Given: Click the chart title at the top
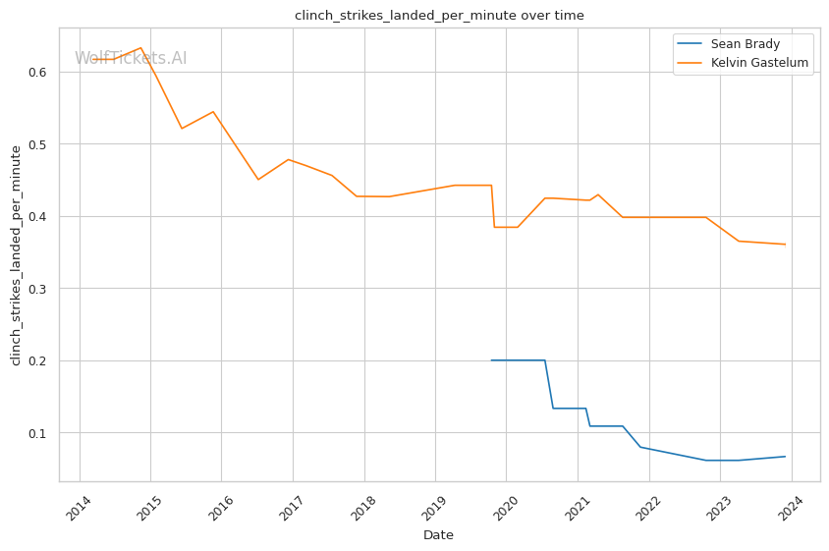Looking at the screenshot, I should click(x=439, y=16).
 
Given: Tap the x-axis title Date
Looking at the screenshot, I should click(x=438, y=535).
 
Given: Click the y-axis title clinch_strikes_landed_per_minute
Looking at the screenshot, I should click(x=16, y=254).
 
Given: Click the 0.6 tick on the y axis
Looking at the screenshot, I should click(x=38, y=72).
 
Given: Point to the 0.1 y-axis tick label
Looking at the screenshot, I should click(x=38, y=433).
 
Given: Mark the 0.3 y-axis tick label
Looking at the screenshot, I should click(x=38, y=289).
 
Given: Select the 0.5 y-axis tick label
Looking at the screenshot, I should click(x=38, y=144).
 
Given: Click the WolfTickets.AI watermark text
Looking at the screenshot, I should click(x=131, y=58).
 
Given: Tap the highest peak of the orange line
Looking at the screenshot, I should click(x=141, y=47).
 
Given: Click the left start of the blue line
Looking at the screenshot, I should click(x=491, y=360).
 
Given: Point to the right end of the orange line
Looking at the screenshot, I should click(x=785, y=245).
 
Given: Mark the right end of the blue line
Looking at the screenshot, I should click(x=785, y=456).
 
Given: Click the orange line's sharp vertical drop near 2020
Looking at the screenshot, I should click(x=493, y=206).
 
